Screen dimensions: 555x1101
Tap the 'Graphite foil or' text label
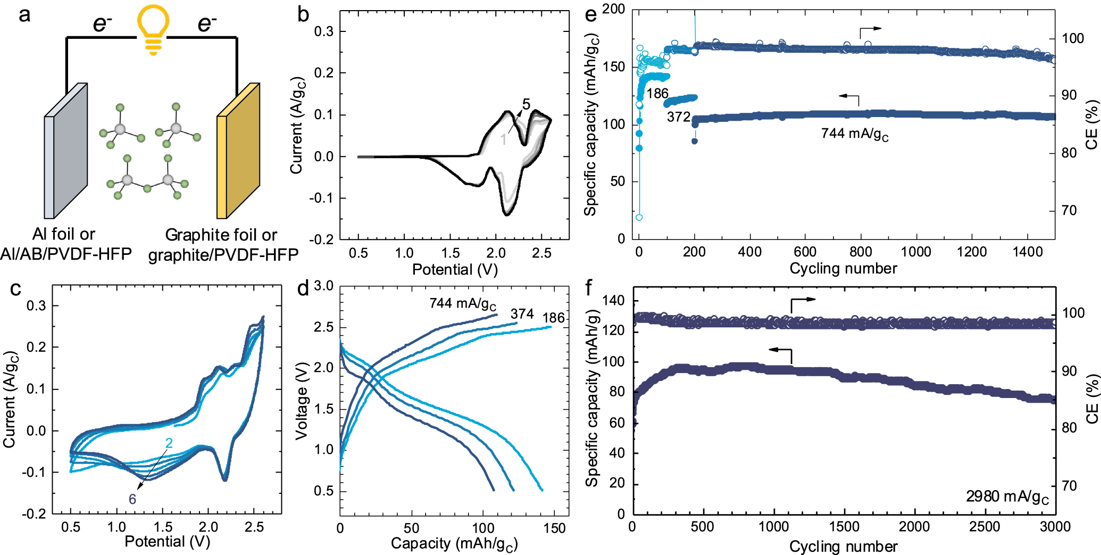pyautogui.click(x=221, y=235)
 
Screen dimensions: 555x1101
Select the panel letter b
pyautogui.click(x=303, y=14)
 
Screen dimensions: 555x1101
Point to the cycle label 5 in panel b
pyautogui.click(x=526, y=104)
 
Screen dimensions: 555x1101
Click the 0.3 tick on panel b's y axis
pyautogui.click(x=323, y=31)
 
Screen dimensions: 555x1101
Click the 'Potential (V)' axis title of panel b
pyautogui.click(x=455, y=269)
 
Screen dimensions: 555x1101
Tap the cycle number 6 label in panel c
pyautogui.click(x=132, y=499)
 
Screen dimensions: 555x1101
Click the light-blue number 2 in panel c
pyautogui.click(x=169, y=443)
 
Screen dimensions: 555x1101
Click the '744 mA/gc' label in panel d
pyautogui.click(x=462, y=304)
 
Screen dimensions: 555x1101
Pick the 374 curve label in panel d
pyautogui.click(x=522, y=314)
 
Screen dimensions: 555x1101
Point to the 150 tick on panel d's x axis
pyautogui.click(x=554, y=528)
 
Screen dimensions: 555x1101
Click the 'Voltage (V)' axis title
pyautogui.click(x=302, y=401)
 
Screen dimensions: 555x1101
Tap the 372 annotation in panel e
pyautogui.click(x=678, y=117)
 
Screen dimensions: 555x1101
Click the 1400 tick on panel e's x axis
pyautogui.click(x=1027, y=252)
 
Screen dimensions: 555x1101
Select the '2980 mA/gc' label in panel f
pyautogui.click(x=1007, y=497)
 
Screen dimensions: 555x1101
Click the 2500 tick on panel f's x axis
pyautogui.click(x=985, y=527)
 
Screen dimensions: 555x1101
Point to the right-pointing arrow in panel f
pyautogui.click(x=803, y=301)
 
